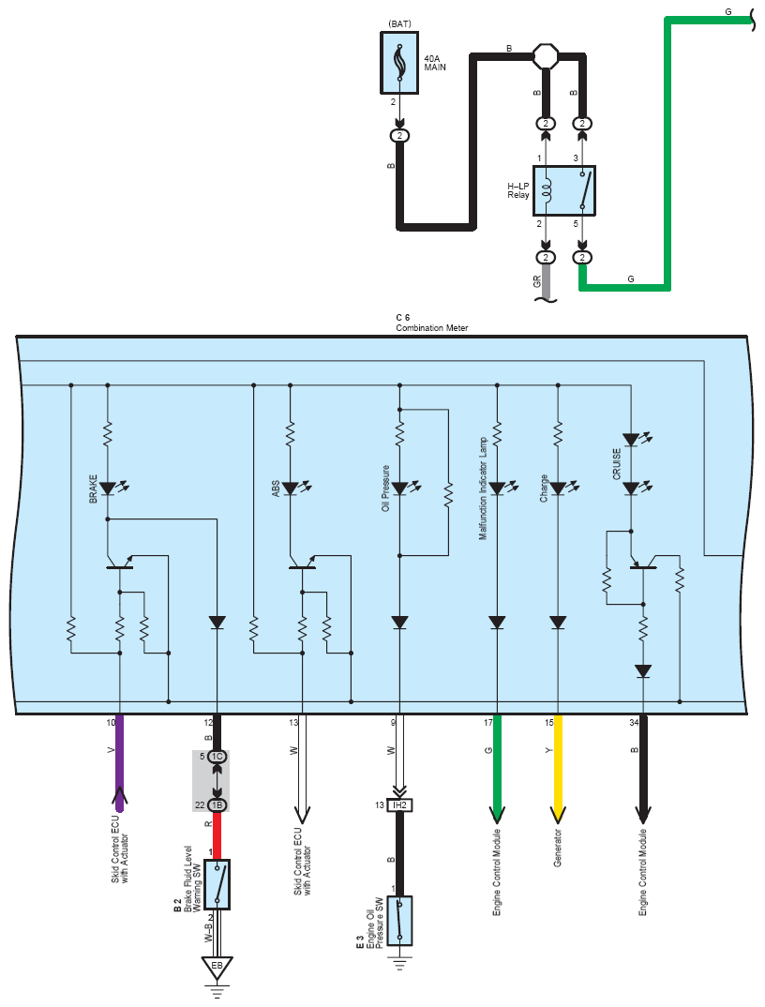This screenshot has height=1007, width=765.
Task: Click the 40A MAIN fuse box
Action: tap(399, 63)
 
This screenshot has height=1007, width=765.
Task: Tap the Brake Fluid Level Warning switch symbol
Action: tap(217, 884)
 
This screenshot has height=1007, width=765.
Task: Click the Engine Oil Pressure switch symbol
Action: tap(399, 921)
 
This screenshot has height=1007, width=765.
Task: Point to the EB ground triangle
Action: tap(217, 968)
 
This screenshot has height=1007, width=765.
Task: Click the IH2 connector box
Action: tap(399, 804)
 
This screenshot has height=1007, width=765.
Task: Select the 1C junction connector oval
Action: tap(217, 757)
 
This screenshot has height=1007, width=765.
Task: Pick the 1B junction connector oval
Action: tap(217, 804)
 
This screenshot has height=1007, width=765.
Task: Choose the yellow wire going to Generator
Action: tap(558, 769)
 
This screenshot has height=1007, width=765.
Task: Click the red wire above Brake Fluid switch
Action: tap(217, 835)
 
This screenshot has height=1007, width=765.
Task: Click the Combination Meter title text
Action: tap(431, 327)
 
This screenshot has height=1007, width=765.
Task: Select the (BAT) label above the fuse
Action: tap(399, 23)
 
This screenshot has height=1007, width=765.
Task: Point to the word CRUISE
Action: tap(617, 464)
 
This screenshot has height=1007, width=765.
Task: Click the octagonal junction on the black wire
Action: tap(546, 55)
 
